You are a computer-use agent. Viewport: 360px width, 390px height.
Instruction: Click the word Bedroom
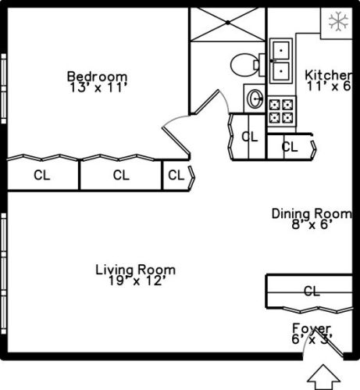pyautogui.click(x=97, y=76)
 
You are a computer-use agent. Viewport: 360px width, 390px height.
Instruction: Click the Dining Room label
pyautogui.click(x=312, y=213)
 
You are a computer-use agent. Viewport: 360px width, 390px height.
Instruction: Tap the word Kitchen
pyautogui.click(x=328, y=75)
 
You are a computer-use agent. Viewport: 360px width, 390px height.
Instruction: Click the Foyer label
pyautogui.click(x=312, y=328)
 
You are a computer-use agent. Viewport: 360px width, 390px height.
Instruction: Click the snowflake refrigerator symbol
pyautogui.click(x=337, y=21)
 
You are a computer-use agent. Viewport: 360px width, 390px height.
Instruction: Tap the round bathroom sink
pyautogui.click(x=255, y=98)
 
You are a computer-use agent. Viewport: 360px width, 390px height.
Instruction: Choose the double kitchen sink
pyautogui.click(x=280, y=61)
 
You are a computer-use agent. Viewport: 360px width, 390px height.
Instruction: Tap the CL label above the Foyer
pyautogui.click(x=311, y=292)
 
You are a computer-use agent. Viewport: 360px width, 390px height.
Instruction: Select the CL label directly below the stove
pyautogui.click(x=289, y=146)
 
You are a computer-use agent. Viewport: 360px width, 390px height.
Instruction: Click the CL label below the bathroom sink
pyautogui.click(x=250, y=137)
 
